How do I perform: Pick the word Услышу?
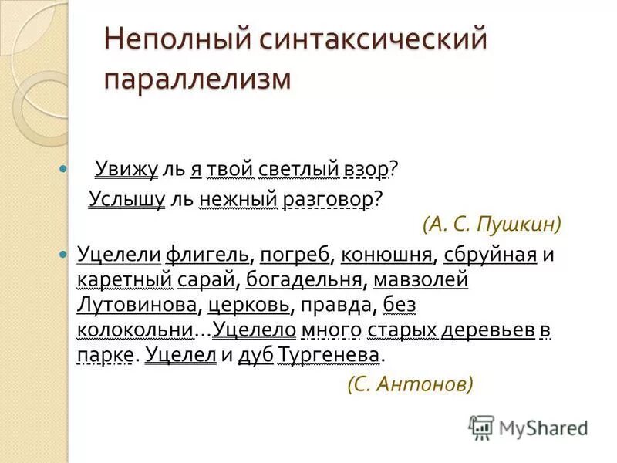(x=127, y=198)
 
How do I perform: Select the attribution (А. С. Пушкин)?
(x=492, y=225)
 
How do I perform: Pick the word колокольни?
(x=134, y=330)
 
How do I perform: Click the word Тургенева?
(x=329, y=356)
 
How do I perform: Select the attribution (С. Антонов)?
(x=410, y=384)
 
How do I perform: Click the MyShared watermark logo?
(x=529, y=427)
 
